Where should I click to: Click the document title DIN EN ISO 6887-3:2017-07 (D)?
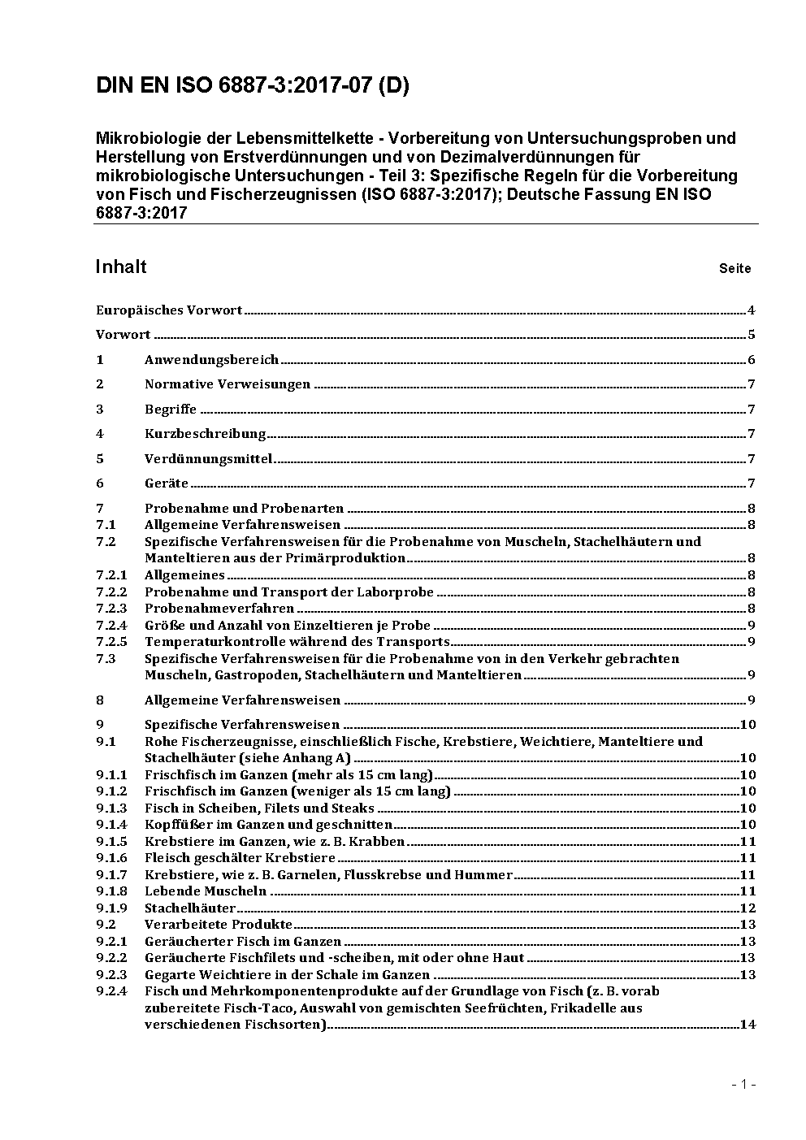click(x=252, y=85)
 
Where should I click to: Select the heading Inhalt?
click(x=121, y=267)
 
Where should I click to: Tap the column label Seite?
click(x=734, y=268)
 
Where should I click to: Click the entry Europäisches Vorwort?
click(x=169, y=310)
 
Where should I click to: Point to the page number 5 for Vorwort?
click(x=752, y=335)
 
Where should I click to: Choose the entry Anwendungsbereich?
click(x=211, y=359)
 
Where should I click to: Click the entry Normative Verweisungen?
click(x=227, y=384)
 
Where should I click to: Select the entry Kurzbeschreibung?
click(x=205, y=434)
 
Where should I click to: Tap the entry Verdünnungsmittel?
click(x=208, y=458)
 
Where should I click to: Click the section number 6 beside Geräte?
click(x=100, y=483)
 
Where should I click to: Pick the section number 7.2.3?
click(x=111, y=609)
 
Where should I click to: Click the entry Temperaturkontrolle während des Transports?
click(x=297, y=642)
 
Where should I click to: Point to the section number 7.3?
click(x=106, y=658)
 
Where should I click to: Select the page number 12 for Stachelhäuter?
click(x=747, y=908)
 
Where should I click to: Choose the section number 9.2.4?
click(x=111, y=991)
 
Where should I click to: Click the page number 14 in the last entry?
click(x=747, y=1025)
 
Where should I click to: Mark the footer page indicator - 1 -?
click(x=743, y=1084)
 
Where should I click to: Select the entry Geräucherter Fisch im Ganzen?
click(x=243, y=942)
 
